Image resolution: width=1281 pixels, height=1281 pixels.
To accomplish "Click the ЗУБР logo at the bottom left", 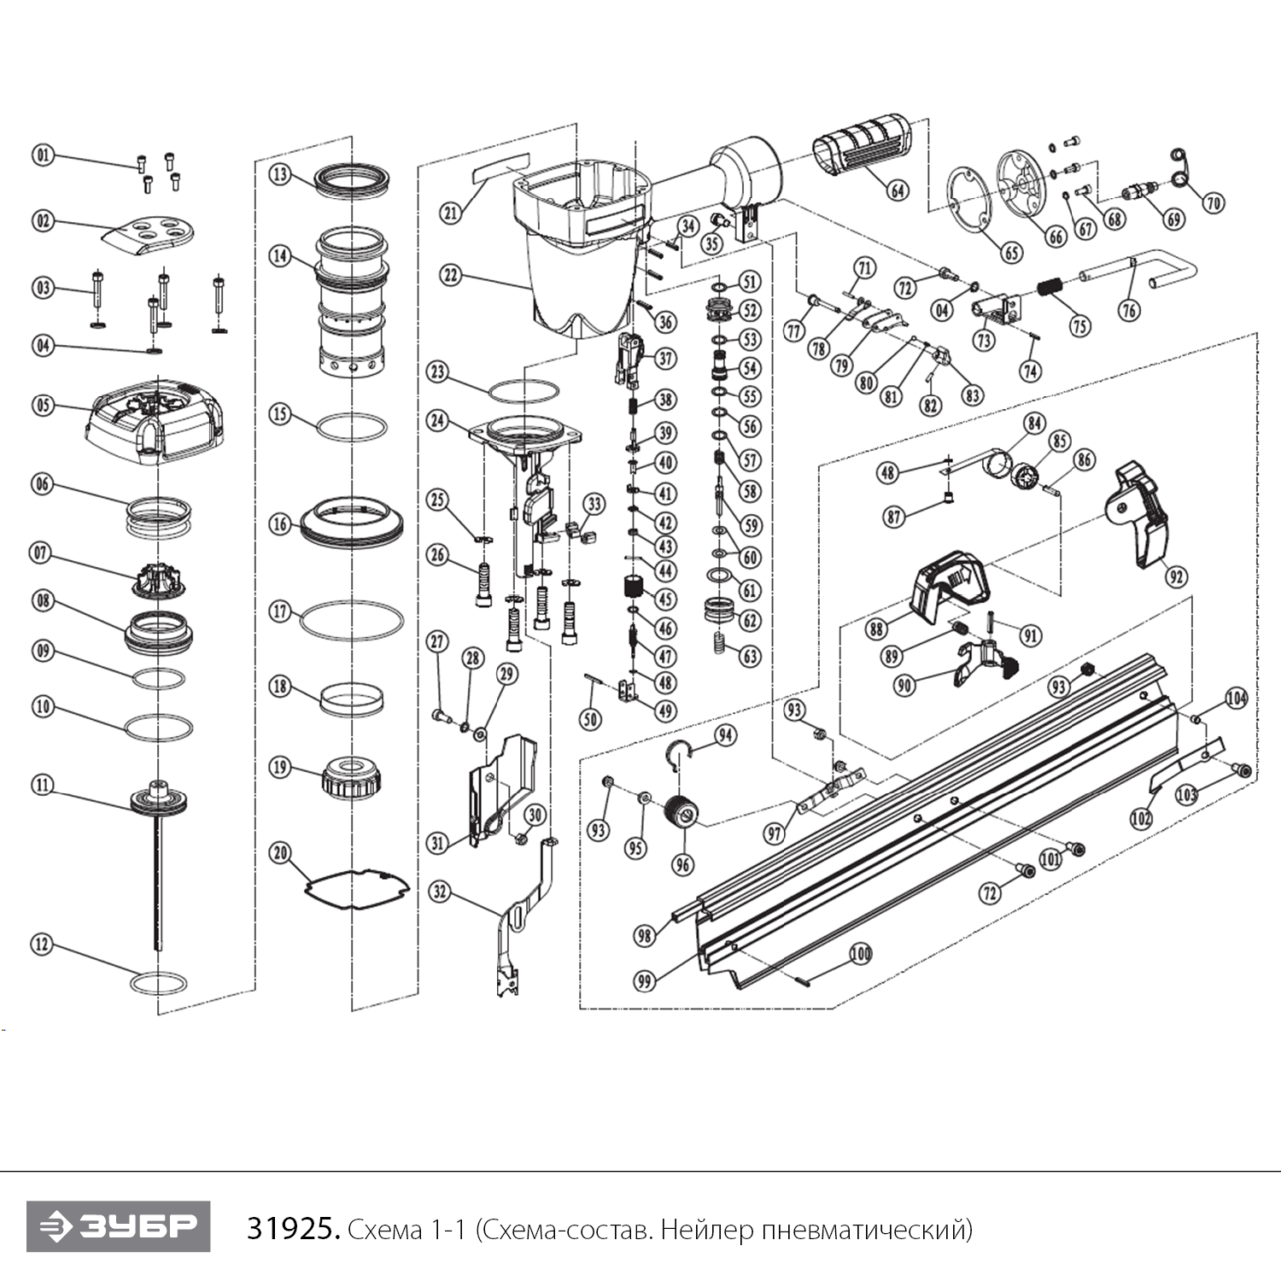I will pos(118,1226).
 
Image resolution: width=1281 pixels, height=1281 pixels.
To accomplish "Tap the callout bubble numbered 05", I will pos(43,405).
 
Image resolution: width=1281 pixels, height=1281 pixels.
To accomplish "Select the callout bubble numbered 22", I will pos(450,275).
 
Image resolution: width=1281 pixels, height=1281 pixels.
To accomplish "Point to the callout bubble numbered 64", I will pos(897,190).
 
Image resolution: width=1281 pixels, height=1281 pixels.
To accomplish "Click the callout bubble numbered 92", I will pos(1177,576).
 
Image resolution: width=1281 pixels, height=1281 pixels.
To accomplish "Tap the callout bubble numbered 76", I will pos(1130,309).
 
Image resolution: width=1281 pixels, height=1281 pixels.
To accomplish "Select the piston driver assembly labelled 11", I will pos(158,803).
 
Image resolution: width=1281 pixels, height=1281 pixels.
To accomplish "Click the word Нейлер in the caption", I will pos(705,1230).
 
